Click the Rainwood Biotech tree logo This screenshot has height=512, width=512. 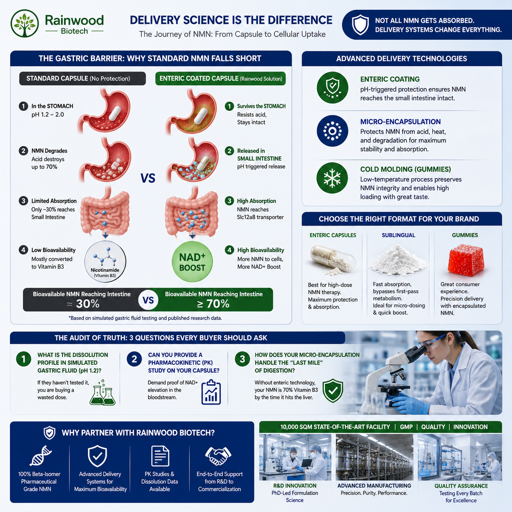[x=25, y=23]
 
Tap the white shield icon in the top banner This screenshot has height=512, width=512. [x=360, y=25]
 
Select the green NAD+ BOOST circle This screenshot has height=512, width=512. [x=192, y=262]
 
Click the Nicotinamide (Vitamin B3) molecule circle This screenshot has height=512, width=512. [x=105, y=262]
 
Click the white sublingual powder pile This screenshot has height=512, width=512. [x=398, y=259]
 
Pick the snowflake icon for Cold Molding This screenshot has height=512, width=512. [x=332, y=178]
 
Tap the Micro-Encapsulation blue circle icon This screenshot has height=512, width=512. [x=332, y=131]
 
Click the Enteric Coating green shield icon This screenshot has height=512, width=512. [x=332, y=88]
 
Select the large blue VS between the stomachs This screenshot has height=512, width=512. [x=148, y=178]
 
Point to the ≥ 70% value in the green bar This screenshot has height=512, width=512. [x=213, y=304]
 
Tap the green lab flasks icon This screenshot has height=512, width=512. [x=102, y=392]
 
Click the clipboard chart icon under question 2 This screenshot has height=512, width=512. [x=211, y=392]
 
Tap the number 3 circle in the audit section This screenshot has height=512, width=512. [x=242, y=359]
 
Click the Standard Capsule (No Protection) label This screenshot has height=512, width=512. [x=82, y=79]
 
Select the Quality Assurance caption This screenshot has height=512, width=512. [x=461, y=486]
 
